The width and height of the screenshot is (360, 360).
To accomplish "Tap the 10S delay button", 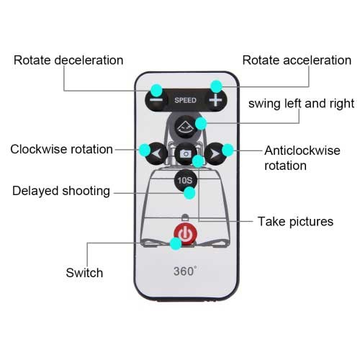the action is coord(185,180).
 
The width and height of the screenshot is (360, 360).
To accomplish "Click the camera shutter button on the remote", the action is coord(186,153).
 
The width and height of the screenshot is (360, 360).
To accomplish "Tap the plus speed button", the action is coord(215,100).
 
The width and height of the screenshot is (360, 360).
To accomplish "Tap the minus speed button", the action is coord(156,100).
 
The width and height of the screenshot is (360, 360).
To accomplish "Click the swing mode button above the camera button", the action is coord(186,127).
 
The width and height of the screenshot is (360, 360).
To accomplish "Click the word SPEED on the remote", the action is coord(185,100).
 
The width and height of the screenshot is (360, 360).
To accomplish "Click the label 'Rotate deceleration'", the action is coord(68,60).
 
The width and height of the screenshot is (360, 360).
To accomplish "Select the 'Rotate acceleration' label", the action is coord(297,60).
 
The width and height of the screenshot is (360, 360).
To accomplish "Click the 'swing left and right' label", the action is coord(301,104).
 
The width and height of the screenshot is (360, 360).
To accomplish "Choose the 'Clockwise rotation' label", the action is coord(61,149).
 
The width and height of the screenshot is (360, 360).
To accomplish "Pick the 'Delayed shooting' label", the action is coord(61,192).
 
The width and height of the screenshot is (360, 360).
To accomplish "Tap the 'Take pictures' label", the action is coord(295,222).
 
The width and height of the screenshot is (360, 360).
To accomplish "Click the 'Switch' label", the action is coord(84,273).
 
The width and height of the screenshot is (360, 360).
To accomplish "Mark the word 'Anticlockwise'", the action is coord(302,150).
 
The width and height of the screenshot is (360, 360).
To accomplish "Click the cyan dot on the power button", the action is coord(176,243).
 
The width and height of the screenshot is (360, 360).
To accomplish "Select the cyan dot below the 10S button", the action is coord(189,193).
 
